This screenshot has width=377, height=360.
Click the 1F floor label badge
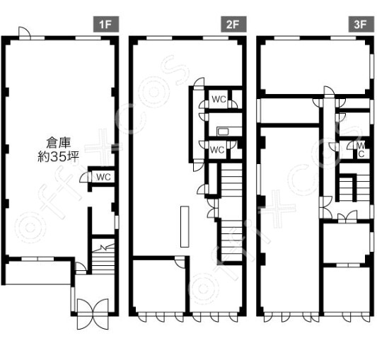click(x=106, y=24)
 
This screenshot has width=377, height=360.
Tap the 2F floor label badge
click(x=233, y=24)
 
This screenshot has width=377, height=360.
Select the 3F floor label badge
click(x=361, y=24)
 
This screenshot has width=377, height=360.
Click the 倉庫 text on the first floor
click(x=59, y=142)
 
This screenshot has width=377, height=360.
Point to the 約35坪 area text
click(x=59, y=157)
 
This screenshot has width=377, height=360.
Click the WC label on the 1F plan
click(x=103, y=177)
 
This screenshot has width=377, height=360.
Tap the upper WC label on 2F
click(x=219, y=99)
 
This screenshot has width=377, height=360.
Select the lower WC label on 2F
click(x=217, y=150)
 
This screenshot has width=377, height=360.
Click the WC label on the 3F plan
click(x=361, y=149)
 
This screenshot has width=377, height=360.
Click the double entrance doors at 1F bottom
click(x=93, y=314)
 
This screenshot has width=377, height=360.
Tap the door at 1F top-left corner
click(x=25, y=33)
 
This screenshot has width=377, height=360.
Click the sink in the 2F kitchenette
click(x=223, y=132)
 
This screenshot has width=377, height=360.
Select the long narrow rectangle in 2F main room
click(x=185, y=226)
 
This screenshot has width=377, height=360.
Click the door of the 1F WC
click(x=84, y=178)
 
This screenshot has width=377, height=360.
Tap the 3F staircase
click(x=354, y=187)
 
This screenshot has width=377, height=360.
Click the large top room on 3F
click(x=315, y=67)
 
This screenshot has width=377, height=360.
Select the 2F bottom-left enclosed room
click(x=159, y=286)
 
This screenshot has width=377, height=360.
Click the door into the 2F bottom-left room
click(x=180, y=261)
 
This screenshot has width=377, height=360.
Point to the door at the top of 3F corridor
click(x=329, y=91)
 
